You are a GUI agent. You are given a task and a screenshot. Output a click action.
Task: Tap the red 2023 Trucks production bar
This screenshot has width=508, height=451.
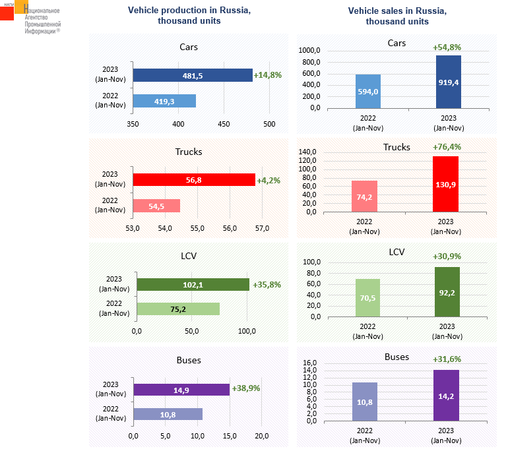click(x=194, y=180)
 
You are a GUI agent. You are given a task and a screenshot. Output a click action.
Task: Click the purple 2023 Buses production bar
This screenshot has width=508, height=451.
click(x=181, y=389)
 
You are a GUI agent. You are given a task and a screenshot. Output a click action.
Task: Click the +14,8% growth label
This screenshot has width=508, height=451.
click(x=268, y=75)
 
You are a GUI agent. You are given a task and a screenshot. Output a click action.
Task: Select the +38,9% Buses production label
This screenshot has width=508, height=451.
click(x=246, y=388)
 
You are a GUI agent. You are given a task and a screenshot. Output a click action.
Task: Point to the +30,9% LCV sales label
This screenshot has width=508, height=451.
click(x=447, y=256)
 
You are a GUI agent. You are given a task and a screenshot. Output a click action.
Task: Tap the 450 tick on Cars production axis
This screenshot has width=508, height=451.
click(x=224, y=123)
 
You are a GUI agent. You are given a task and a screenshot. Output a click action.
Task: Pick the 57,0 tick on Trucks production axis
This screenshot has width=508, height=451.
click(x=262, y=228)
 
